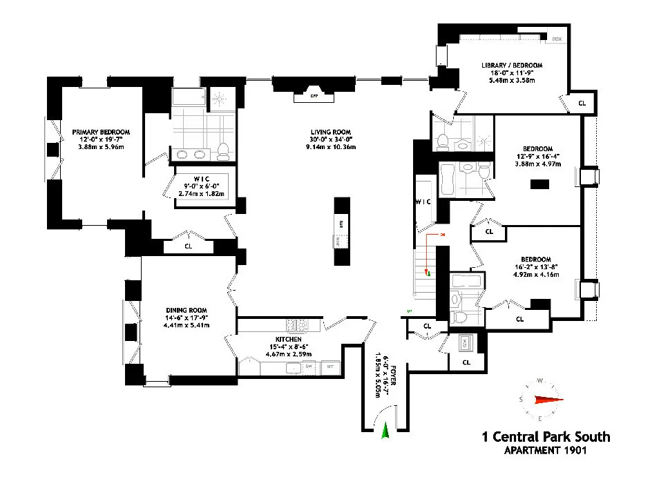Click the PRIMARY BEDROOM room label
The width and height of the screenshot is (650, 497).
tap(101, 131)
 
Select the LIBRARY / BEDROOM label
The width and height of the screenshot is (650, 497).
tap(508, 66)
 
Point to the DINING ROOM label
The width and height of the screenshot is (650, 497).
tap(187, 310)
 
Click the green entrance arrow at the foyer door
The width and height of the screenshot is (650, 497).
tap(385, 431)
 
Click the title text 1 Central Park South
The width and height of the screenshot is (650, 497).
tap(546, 437)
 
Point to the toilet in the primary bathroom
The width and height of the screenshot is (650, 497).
tap(222, 151)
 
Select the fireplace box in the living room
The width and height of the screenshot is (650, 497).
tap(313, 96)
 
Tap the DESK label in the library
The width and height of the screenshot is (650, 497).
tap(557, 39)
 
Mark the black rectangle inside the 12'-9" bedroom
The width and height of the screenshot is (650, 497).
tap(538, 184)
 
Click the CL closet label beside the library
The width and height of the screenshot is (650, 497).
tap(582, 103)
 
